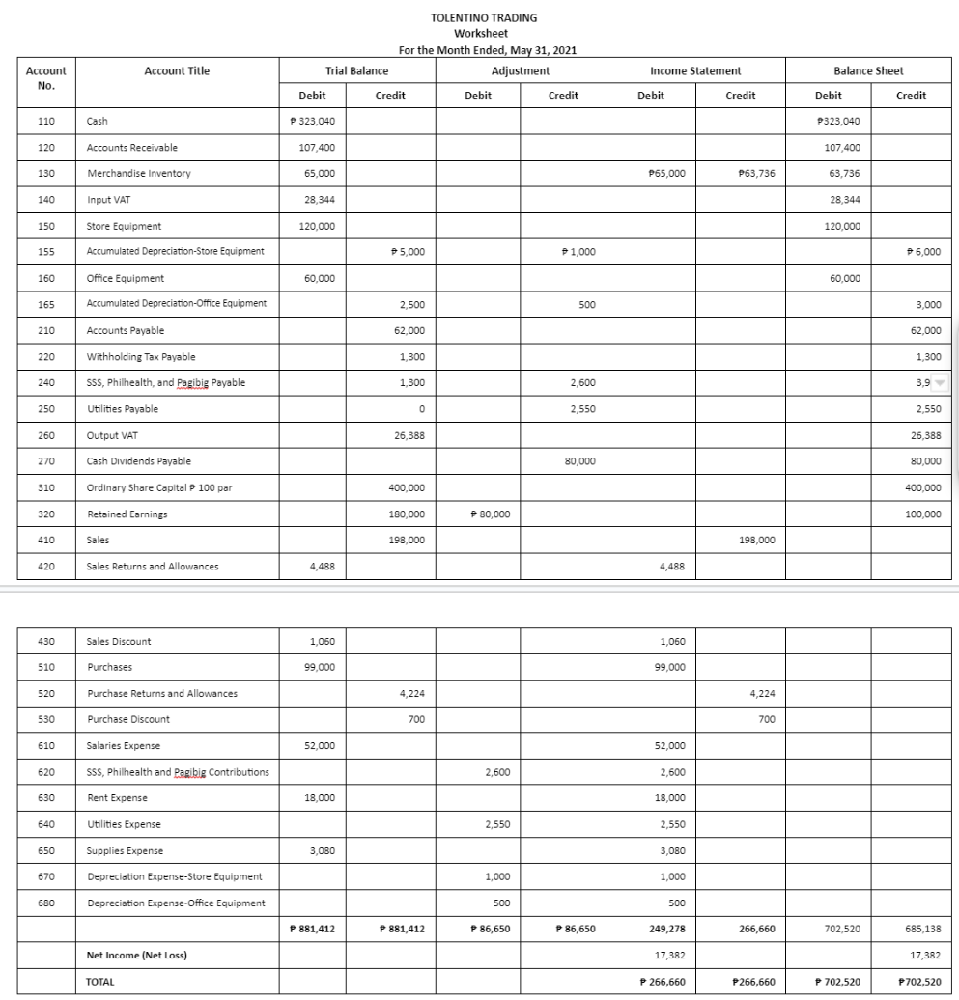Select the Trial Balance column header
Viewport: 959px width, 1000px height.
point(357,70)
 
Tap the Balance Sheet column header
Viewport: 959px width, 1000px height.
point(868,70)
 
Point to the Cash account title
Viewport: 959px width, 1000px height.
point(98,121)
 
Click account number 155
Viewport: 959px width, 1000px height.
point(46,252)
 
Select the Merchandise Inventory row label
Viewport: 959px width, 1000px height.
point(138,173)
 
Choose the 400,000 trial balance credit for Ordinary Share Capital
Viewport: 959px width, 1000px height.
point(405,487)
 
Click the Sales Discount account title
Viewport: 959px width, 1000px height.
point(119,641)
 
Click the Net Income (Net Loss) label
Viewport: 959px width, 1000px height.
point(137,955)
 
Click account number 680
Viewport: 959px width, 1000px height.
point(46,903)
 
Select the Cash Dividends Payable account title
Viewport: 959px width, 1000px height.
point(139,461)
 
